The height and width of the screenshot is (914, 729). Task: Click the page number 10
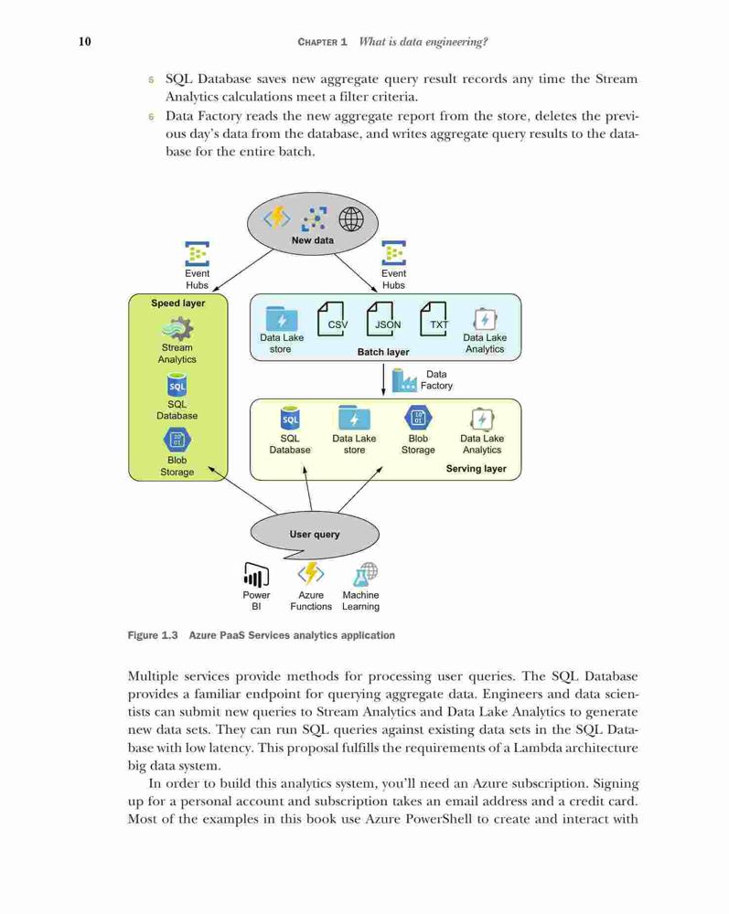(84, 41)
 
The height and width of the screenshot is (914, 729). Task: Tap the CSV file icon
(331, 319)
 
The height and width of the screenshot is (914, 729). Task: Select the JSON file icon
(381, 319)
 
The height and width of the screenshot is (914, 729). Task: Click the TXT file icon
(434, 319)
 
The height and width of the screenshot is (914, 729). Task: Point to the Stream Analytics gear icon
(177, 329)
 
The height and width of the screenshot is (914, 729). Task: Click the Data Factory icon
(404, 379)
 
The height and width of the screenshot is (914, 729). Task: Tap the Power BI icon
(256, 575)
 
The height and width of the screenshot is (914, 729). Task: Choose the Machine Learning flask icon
(365, 574)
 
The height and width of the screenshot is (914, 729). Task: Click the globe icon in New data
(351, 219)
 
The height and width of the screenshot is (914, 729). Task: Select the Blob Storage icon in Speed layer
(177, 441)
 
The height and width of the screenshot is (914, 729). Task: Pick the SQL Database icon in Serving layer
(290, 418)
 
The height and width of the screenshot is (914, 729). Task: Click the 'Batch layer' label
(383, 352)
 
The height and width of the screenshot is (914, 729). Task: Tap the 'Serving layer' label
(476, 469)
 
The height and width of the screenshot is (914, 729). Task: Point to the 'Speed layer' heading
(177, 303)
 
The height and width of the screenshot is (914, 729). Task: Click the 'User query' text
(315, 534)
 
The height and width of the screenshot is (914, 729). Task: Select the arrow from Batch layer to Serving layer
(383, 380)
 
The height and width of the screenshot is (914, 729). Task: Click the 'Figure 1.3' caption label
(153, 635)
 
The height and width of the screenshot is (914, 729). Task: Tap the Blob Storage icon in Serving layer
(418, 418)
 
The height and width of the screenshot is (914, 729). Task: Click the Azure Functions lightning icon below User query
(311, 574)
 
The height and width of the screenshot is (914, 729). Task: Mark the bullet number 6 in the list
(151, 117)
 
